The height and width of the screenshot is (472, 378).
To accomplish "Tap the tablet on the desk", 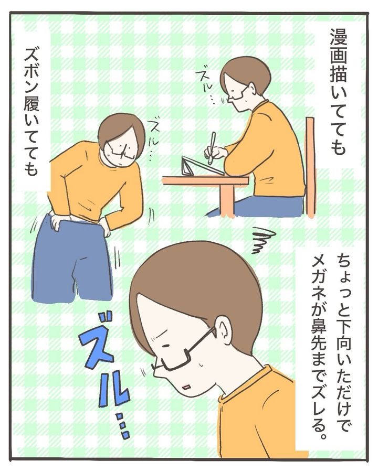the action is point(203,166).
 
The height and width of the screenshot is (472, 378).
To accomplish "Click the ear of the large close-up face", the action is point(224,331).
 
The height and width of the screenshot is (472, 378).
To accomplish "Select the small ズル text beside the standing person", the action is point(150,135).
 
